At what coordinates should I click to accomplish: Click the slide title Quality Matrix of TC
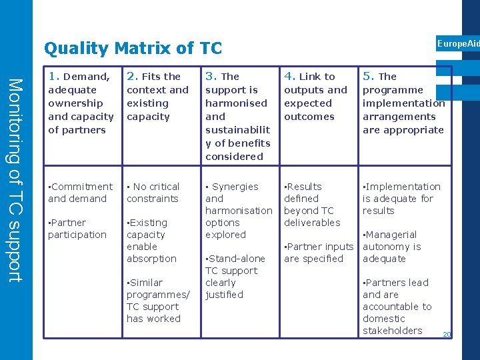click(x=133, y=49)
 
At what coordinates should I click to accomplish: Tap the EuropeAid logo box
click(x=457, y=44)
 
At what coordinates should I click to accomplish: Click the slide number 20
click(x=447, y=335)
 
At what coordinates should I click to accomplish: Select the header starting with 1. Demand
click(x=81, y=103)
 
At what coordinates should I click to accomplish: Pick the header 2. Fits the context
click(x=157, y=97)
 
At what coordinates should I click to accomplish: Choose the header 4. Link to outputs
click(x=315, y=97)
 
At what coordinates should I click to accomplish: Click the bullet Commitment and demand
click(x=81, y=193)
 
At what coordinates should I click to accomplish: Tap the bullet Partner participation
click(x=77, y=229)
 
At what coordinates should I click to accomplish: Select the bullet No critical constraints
click(x=153, y=193)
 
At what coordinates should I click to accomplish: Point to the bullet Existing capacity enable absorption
click(x=151, y=241)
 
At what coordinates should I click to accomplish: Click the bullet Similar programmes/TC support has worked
click(x=157, y=301)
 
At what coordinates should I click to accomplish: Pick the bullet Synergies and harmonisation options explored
click(x=238, y=211)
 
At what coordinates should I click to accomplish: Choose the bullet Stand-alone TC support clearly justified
click(x=234, y=277)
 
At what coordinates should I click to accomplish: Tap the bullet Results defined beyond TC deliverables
click(x=312, y=205)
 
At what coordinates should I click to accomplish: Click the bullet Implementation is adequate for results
click(x=401, y=199)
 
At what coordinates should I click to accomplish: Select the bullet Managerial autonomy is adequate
click(x=391, y=247)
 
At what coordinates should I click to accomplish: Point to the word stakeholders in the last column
click(x=393, y=331)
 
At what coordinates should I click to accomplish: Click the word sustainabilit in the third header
click(x=237, y=130)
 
